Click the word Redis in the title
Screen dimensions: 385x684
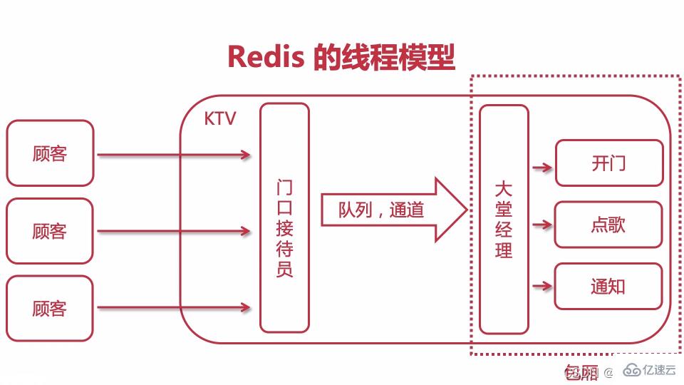pos(266,56)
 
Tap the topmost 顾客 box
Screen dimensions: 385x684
pos(50,153)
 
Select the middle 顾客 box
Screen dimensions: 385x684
pos(50,231)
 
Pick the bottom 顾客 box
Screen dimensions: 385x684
pos(50,308)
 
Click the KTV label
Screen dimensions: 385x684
pos(219,118)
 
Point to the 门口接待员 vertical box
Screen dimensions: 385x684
pos(284,217)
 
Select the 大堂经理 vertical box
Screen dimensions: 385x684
pos(504,219)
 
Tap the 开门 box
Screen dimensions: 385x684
pos(608,163)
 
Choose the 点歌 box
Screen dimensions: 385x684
pos(608,225)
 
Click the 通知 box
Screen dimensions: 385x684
pos(608,287)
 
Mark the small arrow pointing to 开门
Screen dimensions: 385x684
pos(542,168)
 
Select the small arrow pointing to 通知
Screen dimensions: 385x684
pos(542,287)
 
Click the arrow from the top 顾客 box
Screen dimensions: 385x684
pos(173,155)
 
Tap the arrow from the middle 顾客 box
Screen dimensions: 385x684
pos(173,231)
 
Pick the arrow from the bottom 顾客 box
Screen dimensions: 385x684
pos(173,308)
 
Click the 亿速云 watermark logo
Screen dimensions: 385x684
pos(649,370)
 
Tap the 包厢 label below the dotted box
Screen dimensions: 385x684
pos(581,371)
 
